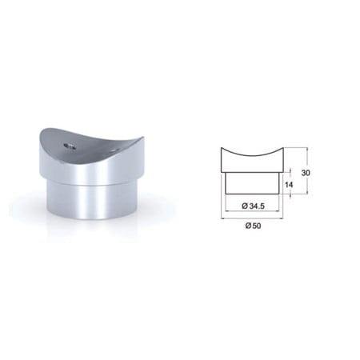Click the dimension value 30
pos(306,173)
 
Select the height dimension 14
pos(289,185)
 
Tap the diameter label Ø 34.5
pos(253,206)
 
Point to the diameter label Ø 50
pos(253,226)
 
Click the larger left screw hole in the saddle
pos(70,146)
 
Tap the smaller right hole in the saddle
pos(115,150)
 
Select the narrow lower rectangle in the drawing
pos(252,183)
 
